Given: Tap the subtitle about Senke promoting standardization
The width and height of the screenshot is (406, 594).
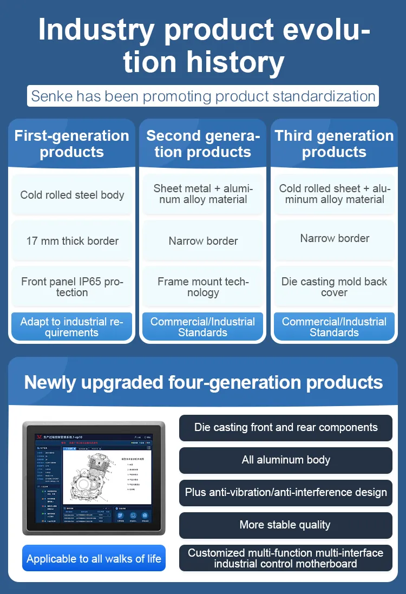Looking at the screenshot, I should [203, 96].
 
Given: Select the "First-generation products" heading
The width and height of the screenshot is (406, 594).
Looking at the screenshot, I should [71, 143].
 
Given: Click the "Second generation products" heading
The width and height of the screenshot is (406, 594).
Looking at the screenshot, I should [203, 143].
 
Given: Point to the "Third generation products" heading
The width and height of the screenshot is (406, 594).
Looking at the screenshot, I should [334, 143].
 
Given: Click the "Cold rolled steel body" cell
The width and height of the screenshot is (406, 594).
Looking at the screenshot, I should [72, 195].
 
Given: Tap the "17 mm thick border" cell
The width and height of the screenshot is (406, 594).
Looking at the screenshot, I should [72, 241].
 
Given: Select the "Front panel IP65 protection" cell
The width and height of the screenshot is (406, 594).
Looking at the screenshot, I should [72, 287].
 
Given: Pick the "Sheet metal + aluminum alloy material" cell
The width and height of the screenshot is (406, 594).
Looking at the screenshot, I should [203, 194].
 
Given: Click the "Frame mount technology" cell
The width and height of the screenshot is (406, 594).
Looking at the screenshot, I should [203, 287].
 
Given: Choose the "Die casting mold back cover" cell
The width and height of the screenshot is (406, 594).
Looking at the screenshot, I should [334, 287].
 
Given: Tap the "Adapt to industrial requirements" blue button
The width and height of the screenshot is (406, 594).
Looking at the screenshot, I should [72, 327].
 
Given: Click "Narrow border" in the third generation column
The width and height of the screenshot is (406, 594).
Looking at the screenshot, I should [335, 238].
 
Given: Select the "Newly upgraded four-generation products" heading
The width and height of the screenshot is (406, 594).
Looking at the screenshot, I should [203, 382].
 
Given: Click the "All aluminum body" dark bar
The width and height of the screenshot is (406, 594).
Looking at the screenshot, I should [286, 460].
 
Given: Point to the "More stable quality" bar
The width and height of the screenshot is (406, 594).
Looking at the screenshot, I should [286, 525].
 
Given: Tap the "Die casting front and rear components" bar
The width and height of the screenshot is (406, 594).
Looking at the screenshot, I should [286, 427].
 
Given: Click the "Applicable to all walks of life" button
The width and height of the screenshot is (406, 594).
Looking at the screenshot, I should [94, 558].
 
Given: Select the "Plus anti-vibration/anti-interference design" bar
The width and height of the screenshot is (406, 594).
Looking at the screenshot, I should [286, 493].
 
